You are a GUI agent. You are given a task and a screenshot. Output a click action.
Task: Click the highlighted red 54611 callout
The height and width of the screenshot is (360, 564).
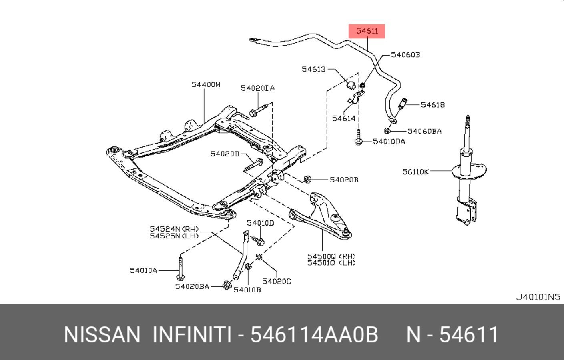click(367, 31)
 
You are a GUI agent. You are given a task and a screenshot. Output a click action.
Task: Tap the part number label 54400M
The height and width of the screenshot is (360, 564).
click(206, 84)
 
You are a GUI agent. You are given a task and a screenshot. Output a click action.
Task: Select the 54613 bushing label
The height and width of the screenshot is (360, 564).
click(314, 69)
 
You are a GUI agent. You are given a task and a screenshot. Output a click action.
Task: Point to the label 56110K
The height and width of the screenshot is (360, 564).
click(415, 172)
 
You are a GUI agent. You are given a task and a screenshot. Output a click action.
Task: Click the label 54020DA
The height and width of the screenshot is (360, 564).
click(257, 88)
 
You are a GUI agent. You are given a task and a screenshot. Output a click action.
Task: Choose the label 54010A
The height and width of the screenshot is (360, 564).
click(143, 270)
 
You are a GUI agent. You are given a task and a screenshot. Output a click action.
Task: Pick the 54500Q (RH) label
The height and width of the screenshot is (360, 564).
click(331, 256)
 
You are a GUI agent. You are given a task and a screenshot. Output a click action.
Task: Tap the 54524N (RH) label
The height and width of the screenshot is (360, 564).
click(174, 229)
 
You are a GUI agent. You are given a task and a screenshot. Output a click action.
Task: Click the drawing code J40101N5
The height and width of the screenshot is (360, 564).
click(538, 297)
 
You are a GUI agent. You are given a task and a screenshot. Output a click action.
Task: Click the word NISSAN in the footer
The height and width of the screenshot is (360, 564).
click(102, 334)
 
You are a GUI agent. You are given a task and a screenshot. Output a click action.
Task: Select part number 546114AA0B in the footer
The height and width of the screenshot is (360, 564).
click(314, 334)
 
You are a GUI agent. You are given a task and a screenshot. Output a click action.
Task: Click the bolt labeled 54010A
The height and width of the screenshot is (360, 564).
click(180, 268)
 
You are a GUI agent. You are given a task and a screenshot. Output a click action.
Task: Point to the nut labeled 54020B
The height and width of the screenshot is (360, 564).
click(307, 179)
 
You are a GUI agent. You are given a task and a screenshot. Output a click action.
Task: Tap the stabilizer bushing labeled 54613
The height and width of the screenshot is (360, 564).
click(351, 85)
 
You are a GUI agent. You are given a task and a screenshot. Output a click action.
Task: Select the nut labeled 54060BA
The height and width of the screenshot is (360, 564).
click(387, 130)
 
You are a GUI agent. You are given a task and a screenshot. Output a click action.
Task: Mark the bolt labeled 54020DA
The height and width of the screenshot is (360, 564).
click(258, 111)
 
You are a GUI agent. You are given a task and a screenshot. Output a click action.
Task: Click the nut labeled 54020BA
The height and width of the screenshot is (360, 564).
click(226, 285)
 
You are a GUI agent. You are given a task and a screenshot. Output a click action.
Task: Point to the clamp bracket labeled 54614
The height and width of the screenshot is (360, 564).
click(355, 98)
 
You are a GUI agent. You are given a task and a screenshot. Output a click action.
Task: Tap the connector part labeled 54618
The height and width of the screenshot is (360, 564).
click(403, 103)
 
